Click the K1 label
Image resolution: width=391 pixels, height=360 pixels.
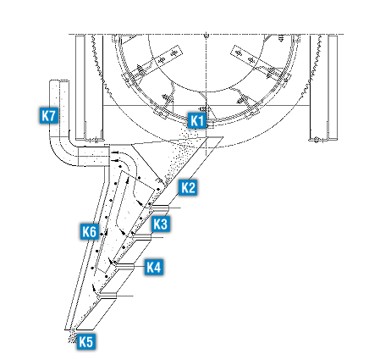(x=197, y=120)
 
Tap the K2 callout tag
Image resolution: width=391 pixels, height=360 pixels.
(x=188, y=187)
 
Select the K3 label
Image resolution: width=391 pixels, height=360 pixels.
(x=161, y=224)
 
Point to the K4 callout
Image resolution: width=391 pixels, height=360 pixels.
(x=154, y=267)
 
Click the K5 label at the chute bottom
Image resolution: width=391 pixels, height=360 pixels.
(x=86, y=341)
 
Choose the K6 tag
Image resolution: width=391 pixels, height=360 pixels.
(x=90, y=231)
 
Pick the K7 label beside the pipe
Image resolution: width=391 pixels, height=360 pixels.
(x=49, y=115)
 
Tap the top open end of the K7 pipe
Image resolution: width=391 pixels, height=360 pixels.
(x=59, y=80)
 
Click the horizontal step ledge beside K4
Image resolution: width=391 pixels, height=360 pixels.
(x=124, y=266)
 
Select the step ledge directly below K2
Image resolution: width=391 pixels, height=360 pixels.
(x=159, y=208)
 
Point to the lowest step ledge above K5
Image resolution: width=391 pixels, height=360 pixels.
(x=107, y=296)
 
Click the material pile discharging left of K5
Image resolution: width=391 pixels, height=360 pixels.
(x=73, y=336)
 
